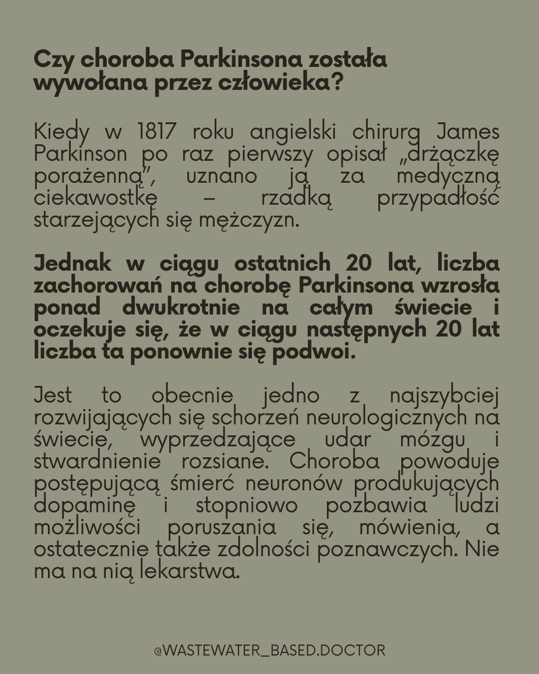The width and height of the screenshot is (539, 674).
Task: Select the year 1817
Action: (x=156, y=132)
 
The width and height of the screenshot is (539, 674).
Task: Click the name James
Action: (x=468, y=132)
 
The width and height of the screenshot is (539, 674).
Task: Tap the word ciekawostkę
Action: (x=95, y=198)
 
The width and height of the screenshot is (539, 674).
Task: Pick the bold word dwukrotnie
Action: (x=181, y=307)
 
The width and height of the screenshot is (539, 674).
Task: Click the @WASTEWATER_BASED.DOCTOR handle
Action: (x=269, y=651)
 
